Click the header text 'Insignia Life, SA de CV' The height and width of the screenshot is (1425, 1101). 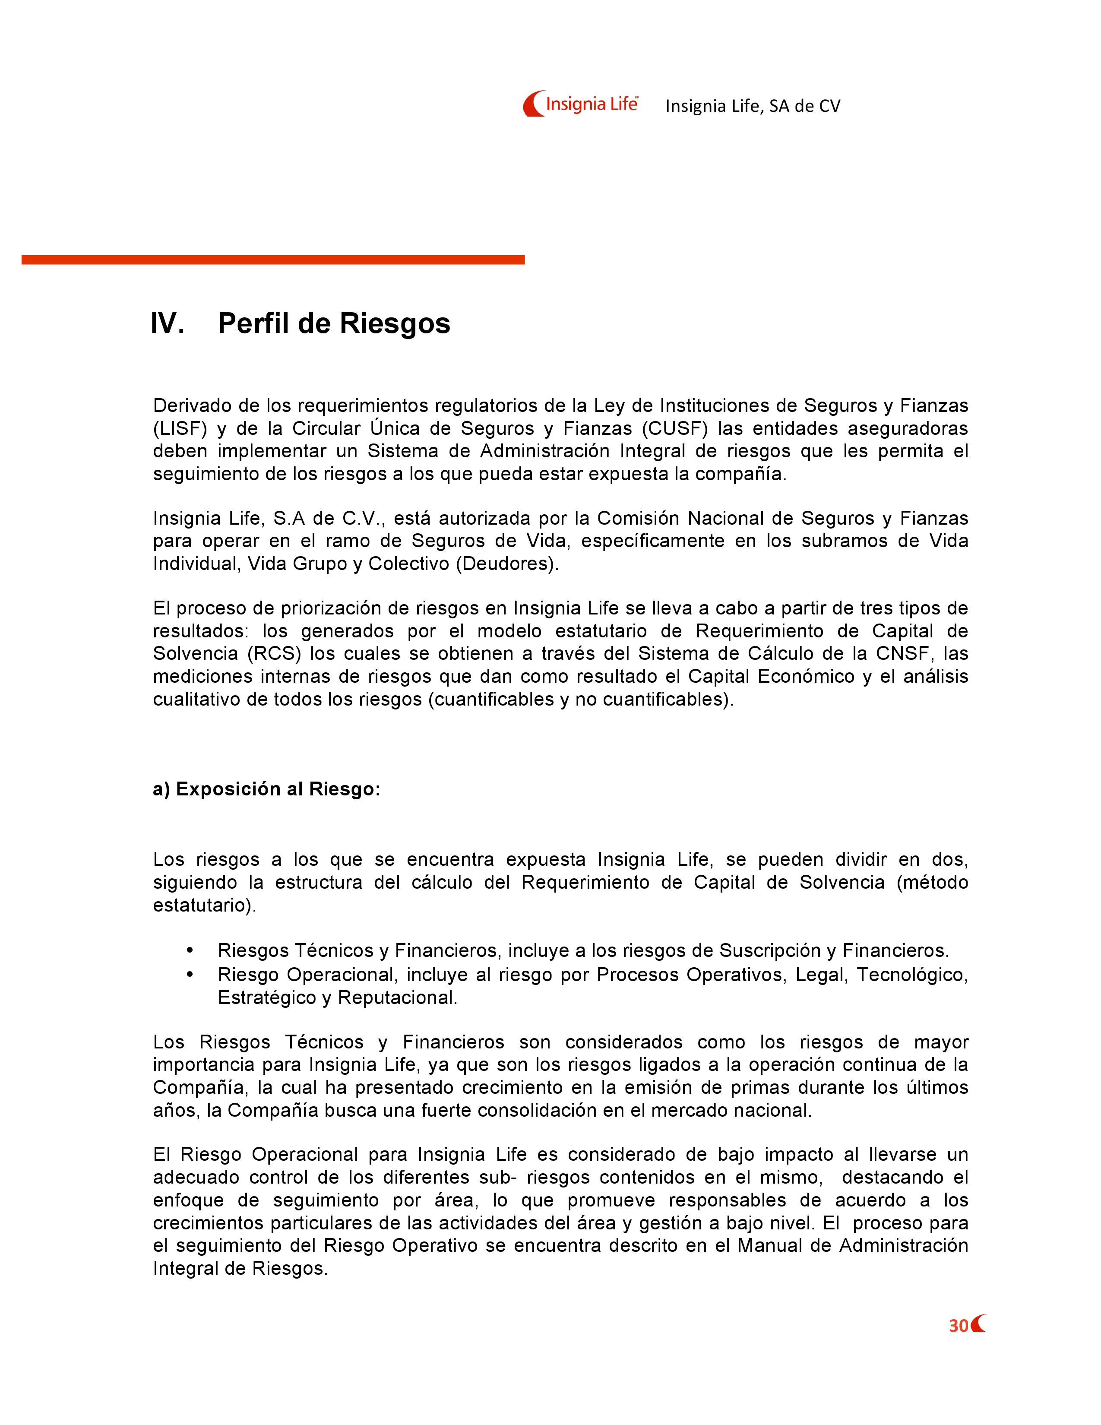click(753, 106)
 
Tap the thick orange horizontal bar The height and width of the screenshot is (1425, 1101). click(272, 260)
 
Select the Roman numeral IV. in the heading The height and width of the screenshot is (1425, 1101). click(167, 323)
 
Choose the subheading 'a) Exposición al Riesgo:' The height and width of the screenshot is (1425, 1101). click(266, 789)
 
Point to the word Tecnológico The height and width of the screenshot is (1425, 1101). click(912, 975)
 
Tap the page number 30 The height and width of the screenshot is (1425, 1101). click(958, 1327)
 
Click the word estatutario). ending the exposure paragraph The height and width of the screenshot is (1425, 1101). click(205, 906)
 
